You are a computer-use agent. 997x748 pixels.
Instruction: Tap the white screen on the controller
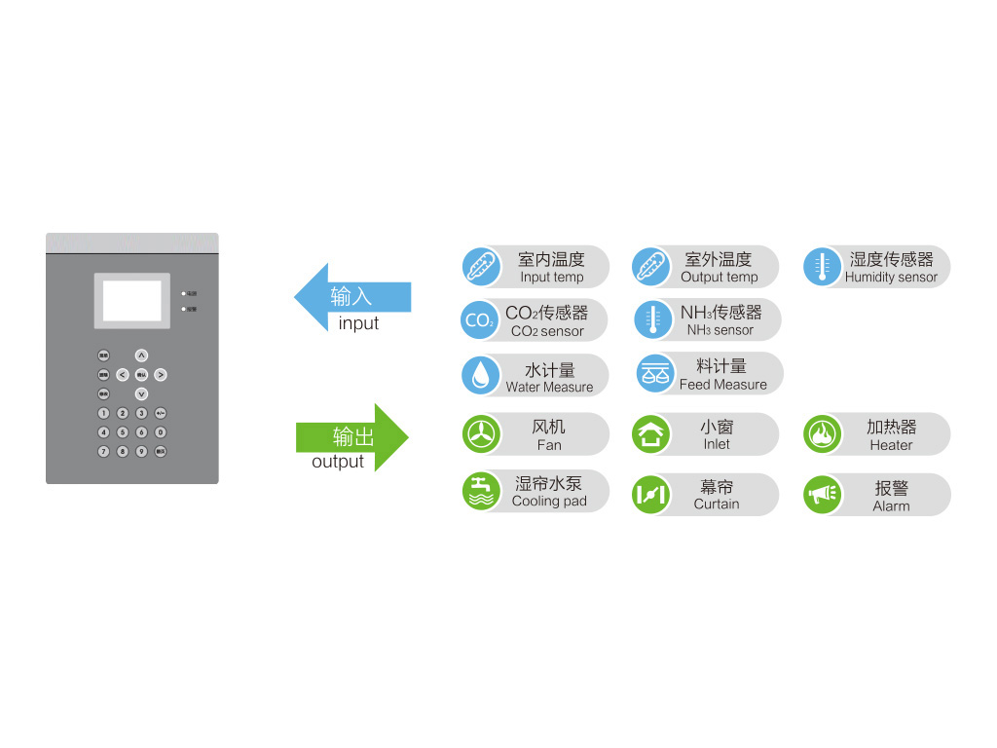point(131,301)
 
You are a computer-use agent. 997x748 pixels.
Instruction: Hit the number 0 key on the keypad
point(161,432)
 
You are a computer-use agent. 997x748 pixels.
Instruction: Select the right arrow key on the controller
point(161,375)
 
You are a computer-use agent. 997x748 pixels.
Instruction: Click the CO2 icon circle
point(479,320)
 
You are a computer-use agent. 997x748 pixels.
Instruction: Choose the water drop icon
point(481,375)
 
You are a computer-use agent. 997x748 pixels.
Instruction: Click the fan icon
point(481,434)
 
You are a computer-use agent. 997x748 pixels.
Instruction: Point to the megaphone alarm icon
point(823,495)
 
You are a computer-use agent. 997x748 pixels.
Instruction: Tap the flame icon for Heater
point(823,434)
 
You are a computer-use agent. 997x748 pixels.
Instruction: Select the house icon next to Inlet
point(650,434)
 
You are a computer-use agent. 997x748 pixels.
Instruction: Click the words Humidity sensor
point(891,278)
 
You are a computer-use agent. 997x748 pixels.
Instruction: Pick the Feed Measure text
point(722,385)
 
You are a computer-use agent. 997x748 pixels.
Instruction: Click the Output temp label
point(719,278)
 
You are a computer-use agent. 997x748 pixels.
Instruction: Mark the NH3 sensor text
point(720,330)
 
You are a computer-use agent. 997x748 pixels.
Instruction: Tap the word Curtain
point(717,505)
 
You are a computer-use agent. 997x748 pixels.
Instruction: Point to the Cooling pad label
point(549,502)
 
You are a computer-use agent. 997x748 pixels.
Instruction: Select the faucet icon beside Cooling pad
point(481,491)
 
